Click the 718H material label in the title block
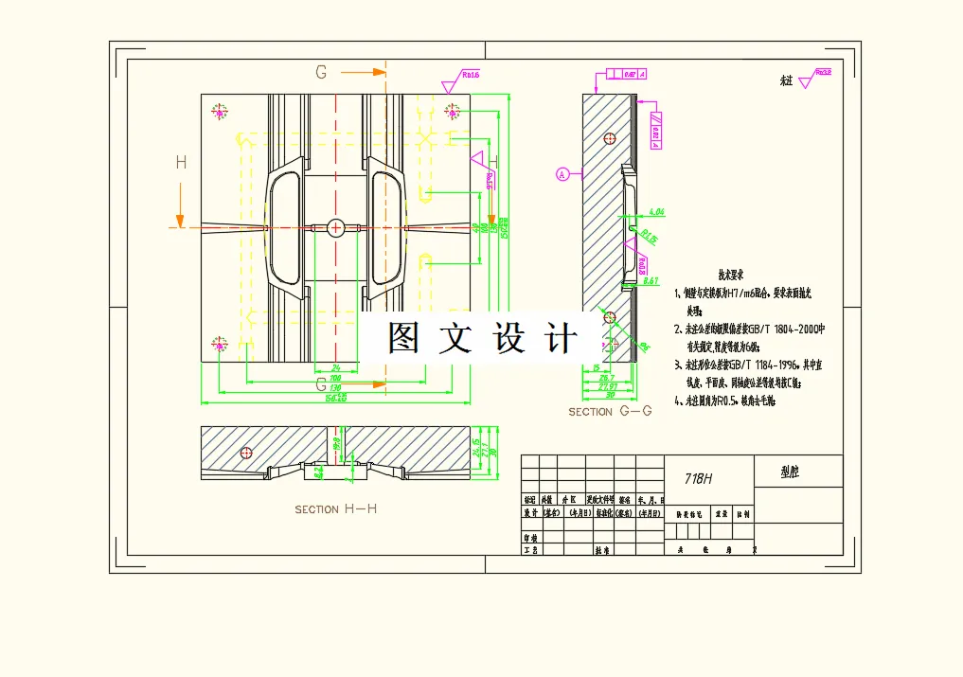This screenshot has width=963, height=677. tap(698, 479)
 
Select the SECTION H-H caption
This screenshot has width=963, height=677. tap(336, 509)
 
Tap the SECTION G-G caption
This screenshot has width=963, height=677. tap(611, 412)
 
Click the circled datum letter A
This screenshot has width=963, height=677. tap(562, 174)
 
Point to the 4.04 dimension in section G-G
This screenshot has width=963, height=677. tap(653, 212)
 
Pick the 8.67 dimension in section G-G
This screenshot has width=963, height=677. tap(651, 280)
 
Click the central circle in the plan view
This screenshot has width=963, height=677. tap(336, 227)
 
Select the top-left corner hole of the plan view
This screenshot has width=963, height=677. tap(221, 112)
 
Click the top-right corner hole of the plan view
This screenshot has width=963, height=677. tap(453, 112)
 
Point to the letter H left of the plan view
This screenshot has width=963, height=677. tap(181, 163)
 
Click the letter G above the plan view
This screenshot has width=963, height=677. tap(321, 72)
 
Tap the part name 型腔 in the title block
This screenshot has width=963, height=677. tap(790, 472)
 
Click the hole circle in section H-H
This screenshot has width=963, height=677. tap(246, 453)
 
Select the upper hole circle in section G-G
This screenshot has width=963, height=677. tap(609, 138)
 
